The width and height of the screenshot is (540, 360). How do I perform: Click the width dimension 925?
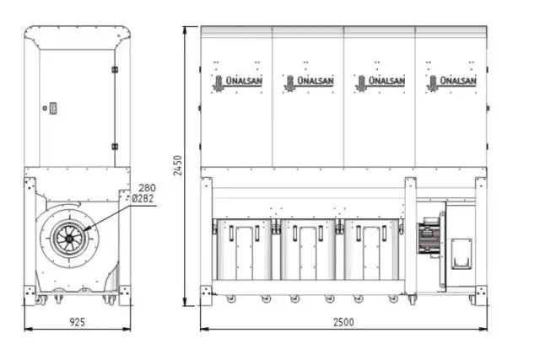77,321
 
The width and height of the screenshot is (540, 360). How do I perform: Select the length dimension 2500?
343,321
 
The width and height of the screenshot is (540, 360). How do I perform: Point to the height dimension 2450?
177,165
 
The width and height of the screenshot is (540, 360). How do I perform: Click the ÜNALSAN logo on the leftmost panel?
235,82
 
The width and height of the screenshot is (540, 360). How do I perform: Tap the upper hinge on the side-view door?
115,68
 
